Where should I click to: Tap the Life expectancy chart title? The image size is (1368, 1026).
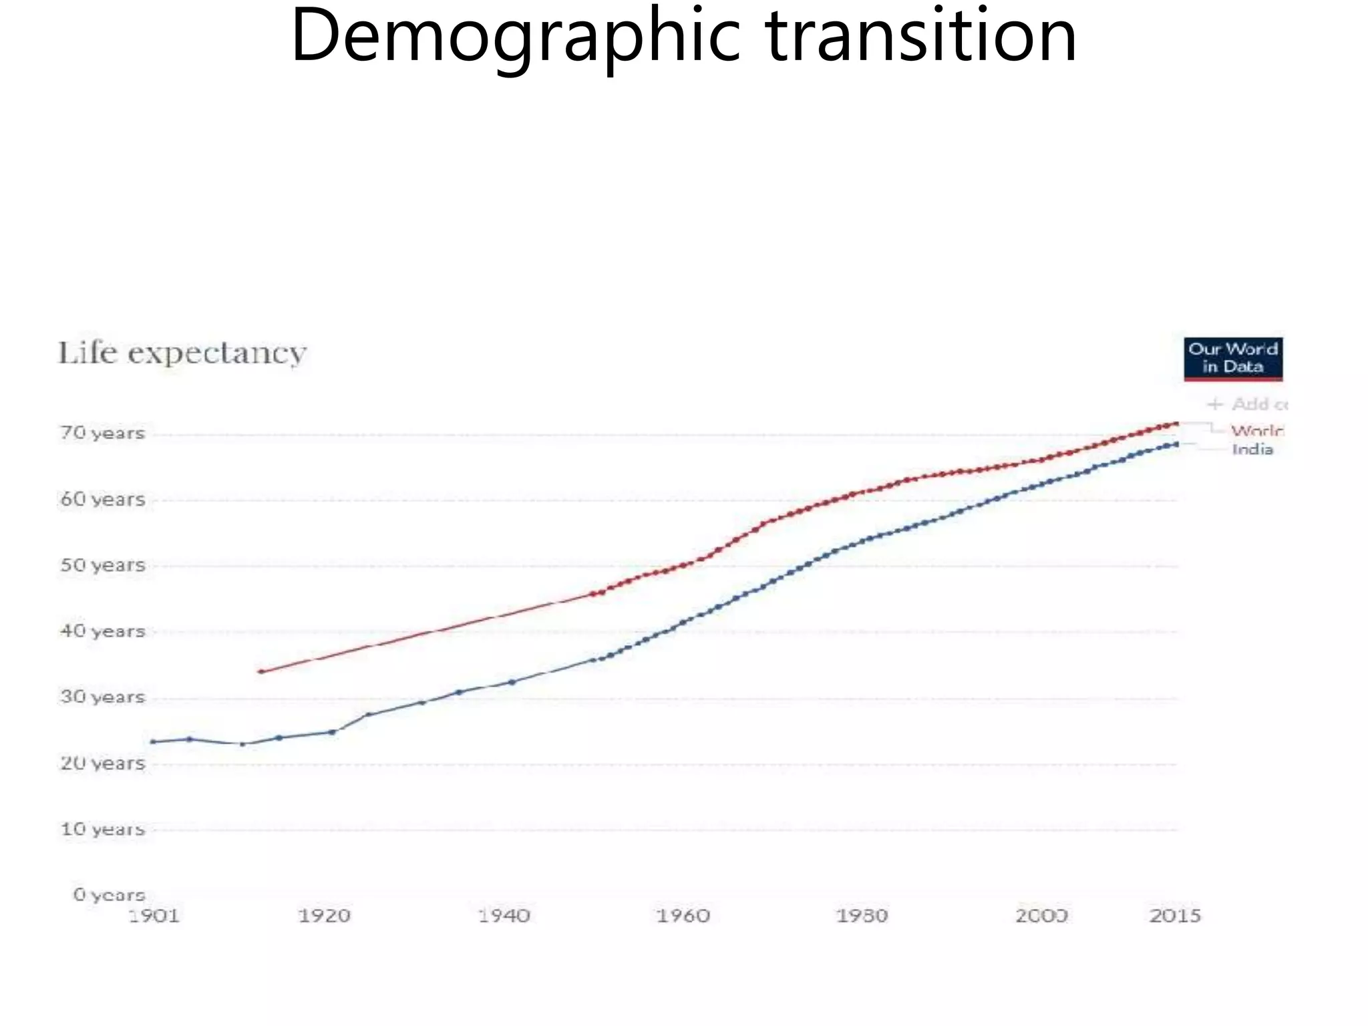[182, 353]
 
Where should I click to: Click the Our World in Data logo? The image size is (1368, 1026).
[1232, 359]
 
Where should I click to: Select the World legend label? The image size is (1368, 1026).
[1256, 431]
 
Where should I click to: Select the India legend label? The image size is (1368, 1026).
[1252, 450]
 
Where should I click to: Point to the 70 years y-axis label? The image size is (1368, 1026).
[102, 434]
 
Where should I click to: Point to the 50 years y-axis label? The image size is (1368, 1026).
[102, 565]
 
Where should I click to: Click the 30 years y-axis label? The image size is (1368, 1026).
[102, 697]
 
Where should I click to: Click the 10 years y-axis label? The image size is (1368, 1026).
[102, 829]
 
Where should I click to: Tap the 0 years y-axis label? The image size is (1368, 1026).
[109, 894]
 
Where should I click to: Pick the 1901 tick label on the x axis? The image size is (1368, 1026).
[154, 915]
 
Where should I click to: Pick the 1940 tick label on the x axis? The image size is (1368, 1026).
[504, 915]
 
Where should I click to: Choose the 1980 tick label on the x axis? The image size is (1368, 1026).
[862, 915]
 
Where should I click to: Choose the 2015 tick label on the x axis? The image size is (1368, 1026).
[1174, 915]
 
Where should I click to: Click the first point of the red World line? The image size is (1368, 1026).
[261, 671]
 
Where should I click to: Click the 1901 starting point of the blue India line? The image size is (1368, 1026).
[154, 741]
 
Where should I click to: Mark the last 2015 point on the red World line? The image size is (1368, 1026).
[1176, 423]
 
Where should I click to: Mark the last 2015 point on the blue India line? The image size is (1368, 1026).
[1176, 444]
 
